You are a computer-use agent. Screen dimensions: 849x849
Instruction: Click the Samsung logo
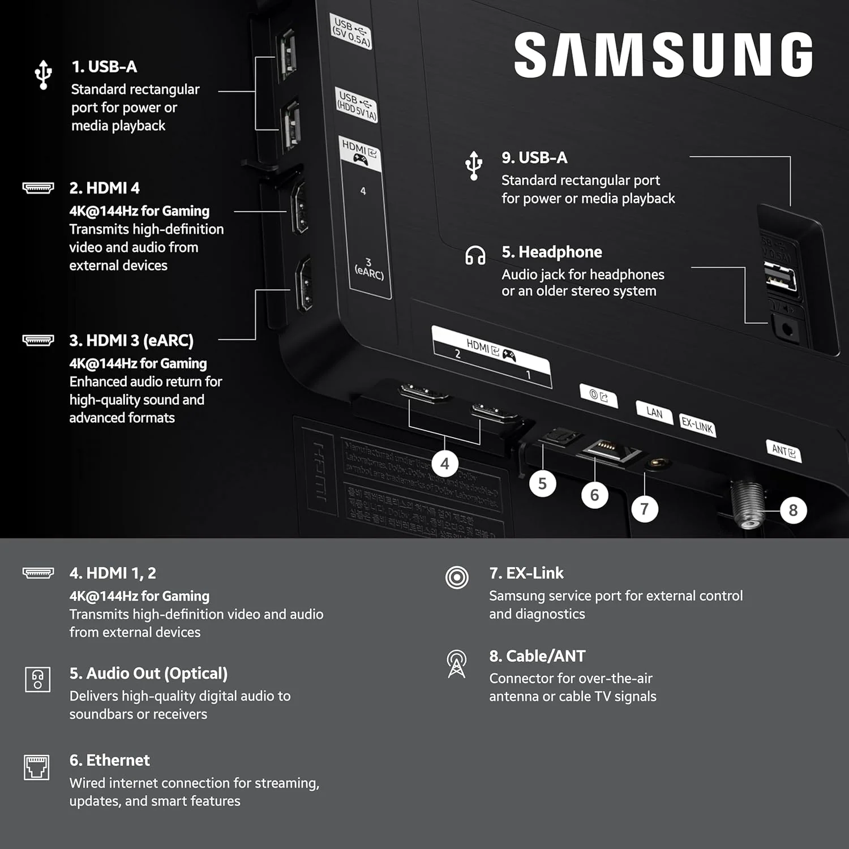[663, 54]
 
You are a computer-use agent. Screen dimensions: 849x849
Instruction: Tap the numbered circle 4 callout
[445, 464]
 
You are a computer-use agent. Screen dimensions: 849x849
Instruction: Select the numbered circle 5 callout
[542, 483]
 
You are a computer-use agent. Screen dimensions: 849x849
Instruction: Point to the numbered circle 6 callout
[594, 495]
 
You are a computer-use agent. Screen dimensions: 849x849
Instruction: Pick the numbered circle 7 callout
[644, 509]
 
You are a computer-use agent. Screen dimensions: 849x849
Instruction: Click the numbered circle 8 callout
[793, 511]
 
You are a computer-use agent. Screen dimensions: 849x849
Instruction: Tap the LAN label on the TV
[654, 413]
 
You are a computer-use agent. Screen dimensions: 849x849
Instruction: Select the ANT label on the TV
[783, 451]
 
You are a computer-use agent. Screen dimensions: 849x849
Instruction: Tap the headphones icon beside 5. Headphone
[475, 255]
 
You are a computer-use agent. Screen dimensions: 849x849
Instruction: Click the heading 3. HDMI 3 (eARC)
[131, 340]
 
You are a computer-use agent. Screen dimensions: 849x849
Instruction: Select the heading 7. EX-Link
[526, 573]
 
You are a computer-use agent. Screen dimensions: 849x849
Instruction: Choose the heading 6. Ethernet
[110, 760]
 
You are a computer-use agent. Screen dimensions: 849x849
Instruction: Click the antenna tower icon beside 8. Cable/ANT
[457, 663]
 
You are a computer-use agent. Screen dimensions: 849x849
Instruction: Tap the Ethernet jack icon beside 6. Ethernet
[37, 767]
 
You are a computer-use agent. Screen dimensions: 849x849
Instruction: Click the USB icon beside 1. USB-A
[43, 74]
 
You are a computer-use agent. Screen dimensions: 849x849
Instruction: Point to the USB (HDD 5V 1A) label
[356, 105]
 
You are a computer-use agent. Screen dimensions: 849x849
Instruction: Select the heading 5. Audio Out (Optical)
[148, 674]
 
